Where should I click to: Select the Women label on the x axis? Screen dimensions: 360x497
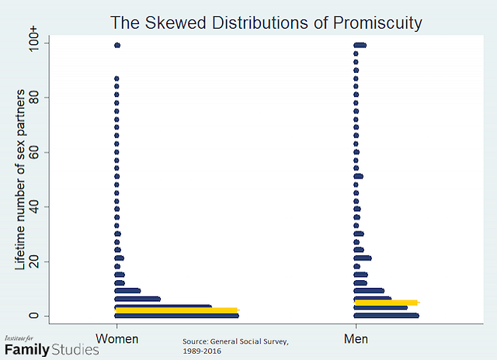click(116, 338)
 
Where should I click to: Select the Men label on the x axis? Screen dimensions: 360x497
click(356, 338)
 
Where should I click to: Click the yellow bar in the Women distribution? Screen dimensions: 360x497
click(176, 310)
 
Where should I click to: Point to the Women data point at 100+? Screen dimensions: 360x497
click(116, 45)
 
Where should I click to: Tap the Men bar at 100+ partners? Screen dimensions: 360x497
click(360, 45)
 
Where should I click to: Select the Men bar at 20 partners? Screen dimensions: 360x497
click(362, 258)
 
